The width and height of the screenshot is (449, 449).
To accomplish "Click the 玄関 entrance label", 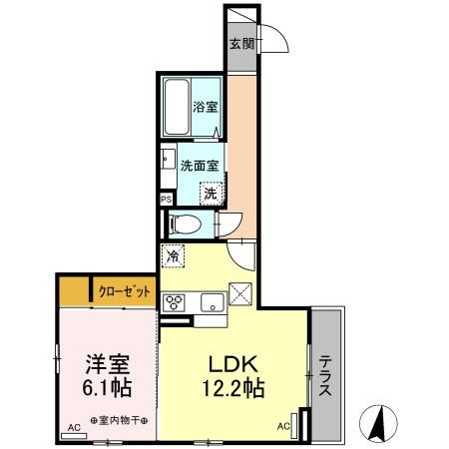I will pos(240,44).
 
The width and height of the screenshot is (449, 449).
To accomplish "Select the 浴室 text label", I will pos(207,107).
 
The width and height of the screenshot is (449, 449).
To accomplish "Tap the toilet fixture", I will pos(185,224).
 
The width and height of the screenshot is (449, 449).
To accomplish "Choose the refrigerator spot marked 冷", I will pos(174,256).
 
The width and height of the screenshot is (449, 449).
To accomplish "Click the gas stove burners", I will pos(174,302).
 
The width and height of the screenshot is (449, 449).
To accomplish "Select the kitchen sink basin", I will pos(212,302).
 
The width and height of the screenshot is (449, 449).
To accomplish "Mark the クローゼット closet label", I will pos(126,291).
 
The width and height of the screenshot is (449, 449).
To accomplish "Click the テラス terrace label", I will pos(326,376).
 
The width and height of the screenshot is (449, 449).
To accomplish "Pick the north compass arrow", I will pos(378,423).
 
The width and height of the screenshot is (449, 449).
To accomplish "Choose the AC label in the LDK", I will pos(281,426).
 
